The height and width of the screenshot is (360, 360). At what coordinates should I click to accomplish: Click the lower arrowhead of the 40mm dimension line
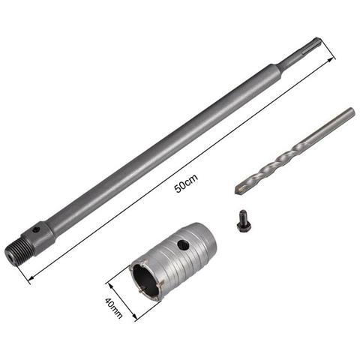[x=137, y=326]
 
